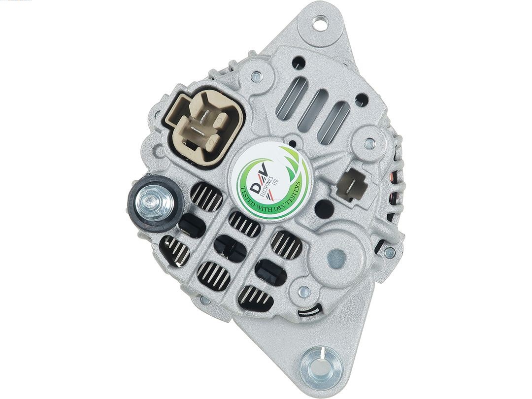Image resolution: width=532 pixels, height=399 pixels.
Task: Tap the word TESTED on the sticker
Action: [x=252, y=199]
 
